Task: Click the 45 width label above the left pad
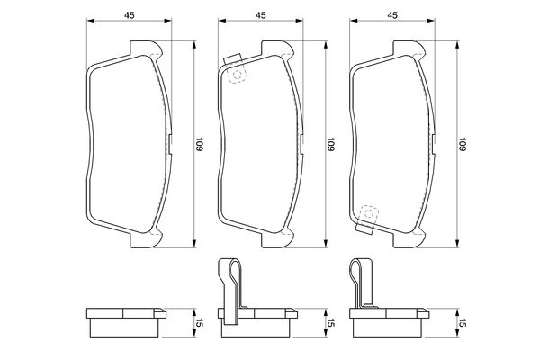tap(129, 15)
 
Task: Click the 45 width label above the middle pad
tap(261, 15)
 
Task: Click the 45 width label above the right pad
tap(392, 15)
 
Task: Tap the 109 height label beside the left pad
tap(199, 144)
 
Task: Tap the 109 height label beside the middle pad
tap(330, 144)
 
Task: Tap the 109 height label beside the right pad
tap(462, 144)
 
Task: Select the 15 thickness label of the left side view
tap(199, 323)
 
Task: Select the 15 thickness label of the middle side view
tap(330, 323)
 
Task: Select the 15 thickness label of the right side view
tap(462, 323)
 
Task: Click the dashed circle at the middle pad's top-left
tap(237, 75)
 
